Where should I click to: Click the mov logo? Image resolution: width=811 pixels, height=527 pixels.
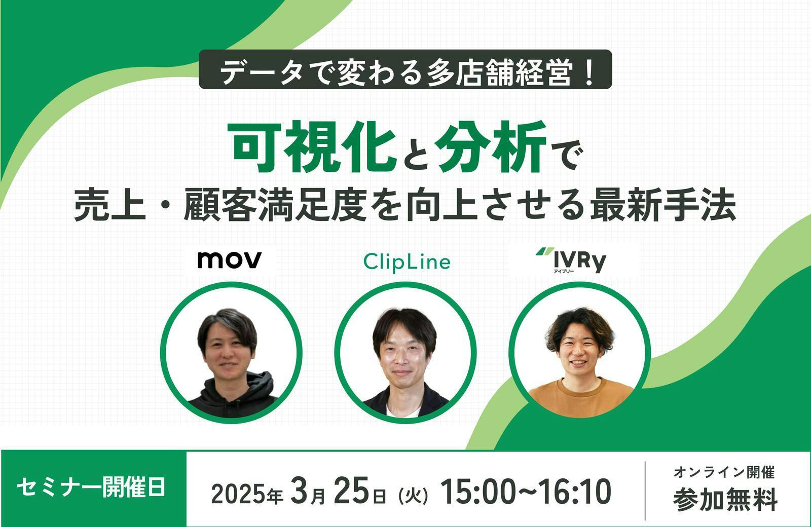pos(229,260)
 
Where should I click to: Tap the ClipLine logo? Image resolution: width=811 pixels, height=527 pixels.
pos(407,262)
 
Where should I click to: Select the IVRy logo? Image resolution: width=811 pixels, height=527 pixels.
pos(571,259)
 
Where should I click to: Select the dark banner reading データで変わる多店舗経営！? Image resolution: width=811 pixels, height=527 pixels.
pos(405,69)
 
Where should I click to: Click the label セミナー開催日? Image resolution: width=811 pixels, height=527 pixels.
pos(91,487)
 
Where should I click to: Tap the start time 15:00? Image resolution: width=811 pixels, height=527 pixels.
pos(482,491)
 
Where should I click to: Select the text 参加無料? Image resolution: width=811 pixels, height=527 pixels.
pos(725,499)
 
